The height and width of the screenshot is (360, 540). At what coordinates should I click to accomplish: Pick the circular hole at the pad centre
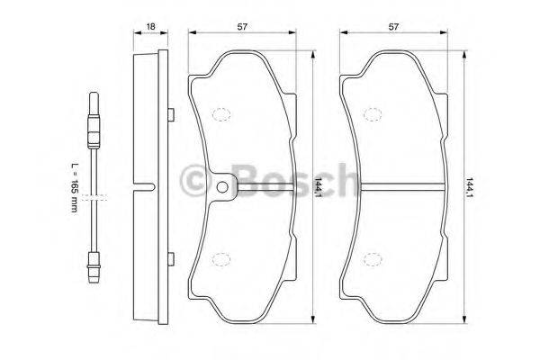(x=222, y=187)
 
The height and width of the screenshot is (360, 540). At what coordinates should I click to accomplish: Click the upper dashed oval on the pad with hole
(x=220, y=114)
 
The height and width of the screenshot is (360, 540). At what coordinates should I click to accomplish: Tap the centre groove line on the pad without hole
(x=396, y=187)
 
